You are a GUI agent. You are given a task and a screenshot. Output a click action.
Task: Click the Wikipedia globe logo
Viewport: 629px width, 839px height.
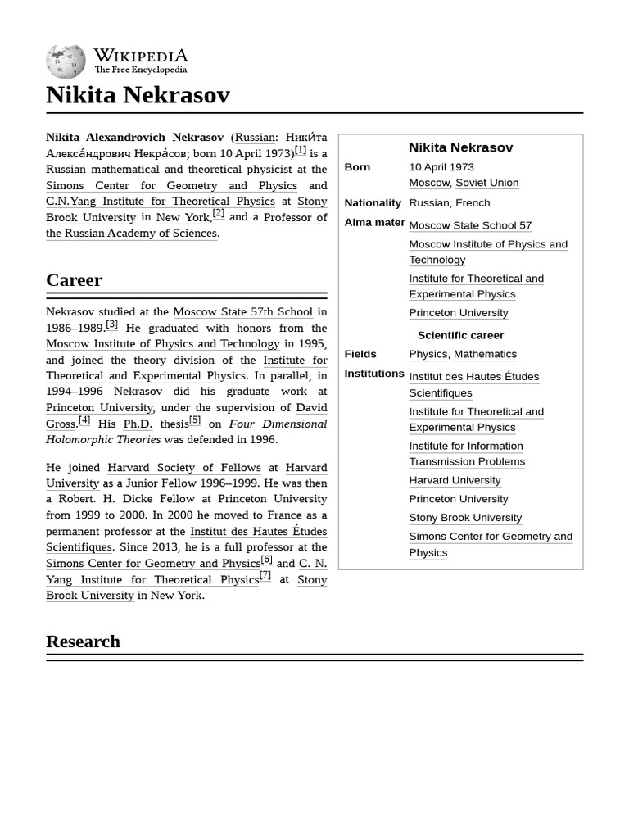[x=66, y=61]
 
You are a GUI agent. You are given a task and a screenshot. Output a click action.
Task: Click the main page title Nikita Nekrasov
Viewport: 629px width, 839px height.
[x=138, y=95]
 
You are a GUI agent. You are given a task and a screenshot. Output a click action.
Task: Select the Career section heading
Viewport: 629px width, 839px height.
[x=74, y=280]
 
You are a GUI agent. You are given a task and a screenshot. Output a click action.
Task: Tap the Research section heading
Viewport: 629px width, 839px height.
[x=83, y=642]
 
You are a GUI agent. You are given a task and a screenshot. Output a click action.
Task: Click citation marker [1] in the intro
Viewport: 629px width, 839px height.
[x=301, y=150]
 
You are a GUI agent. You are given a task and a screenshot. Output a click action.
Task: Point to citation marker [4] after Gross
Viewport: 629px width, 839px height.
[x=84, y=420]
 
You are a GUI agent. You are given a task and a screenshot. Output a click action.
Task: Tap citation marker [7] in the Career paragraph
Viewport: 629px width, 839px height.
[x=265, y=575]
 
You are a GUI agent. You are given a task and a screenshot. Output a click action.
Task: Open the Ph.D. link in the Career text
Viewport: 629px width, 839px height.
[x=138, y=424]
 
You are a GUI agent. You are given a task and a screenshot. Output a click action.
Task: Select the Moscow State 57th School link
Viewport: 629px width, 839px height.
[x=242, y=311]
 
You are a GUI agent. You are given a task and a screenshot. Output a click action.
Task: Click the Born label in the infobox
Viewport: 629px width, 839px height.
[x=357, y=167]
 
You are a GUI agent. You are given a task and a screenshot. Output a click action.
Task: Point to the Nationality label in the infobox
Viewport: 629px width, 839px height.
[x=373, y=203]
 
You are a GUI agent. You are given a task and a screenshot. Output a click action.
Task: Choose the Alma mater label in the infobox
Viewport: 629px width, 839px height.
[x=374, y=222]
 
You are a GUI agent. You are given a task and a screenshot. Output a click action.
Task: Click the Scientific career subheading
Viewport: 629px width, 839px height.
[x=460, y=335]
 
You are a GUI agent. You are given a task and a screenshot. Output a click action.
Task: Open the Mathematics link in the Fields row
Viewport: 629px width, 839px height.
[x=485, y=354]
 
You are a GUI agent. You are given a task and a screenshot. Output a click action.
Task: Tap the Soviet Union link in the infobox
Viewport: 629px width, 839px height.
[x=486, y=183]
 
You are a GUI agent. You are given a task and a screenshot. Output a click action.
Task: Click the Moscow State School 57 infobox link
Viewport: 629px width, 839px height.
[x=470, y=225]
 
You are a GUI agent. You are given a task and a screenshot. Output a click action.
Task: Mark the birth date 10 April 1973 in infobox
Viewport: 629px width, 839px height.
[x=441, y=167]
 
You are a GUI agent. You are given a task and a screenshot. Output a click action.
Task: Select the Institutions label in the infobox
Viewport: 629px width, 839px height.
[x=374, y=374]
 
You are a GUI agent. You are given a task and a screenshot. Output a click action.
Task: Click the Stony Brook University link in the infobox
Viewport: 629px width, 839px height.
[x=465, y=518]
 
